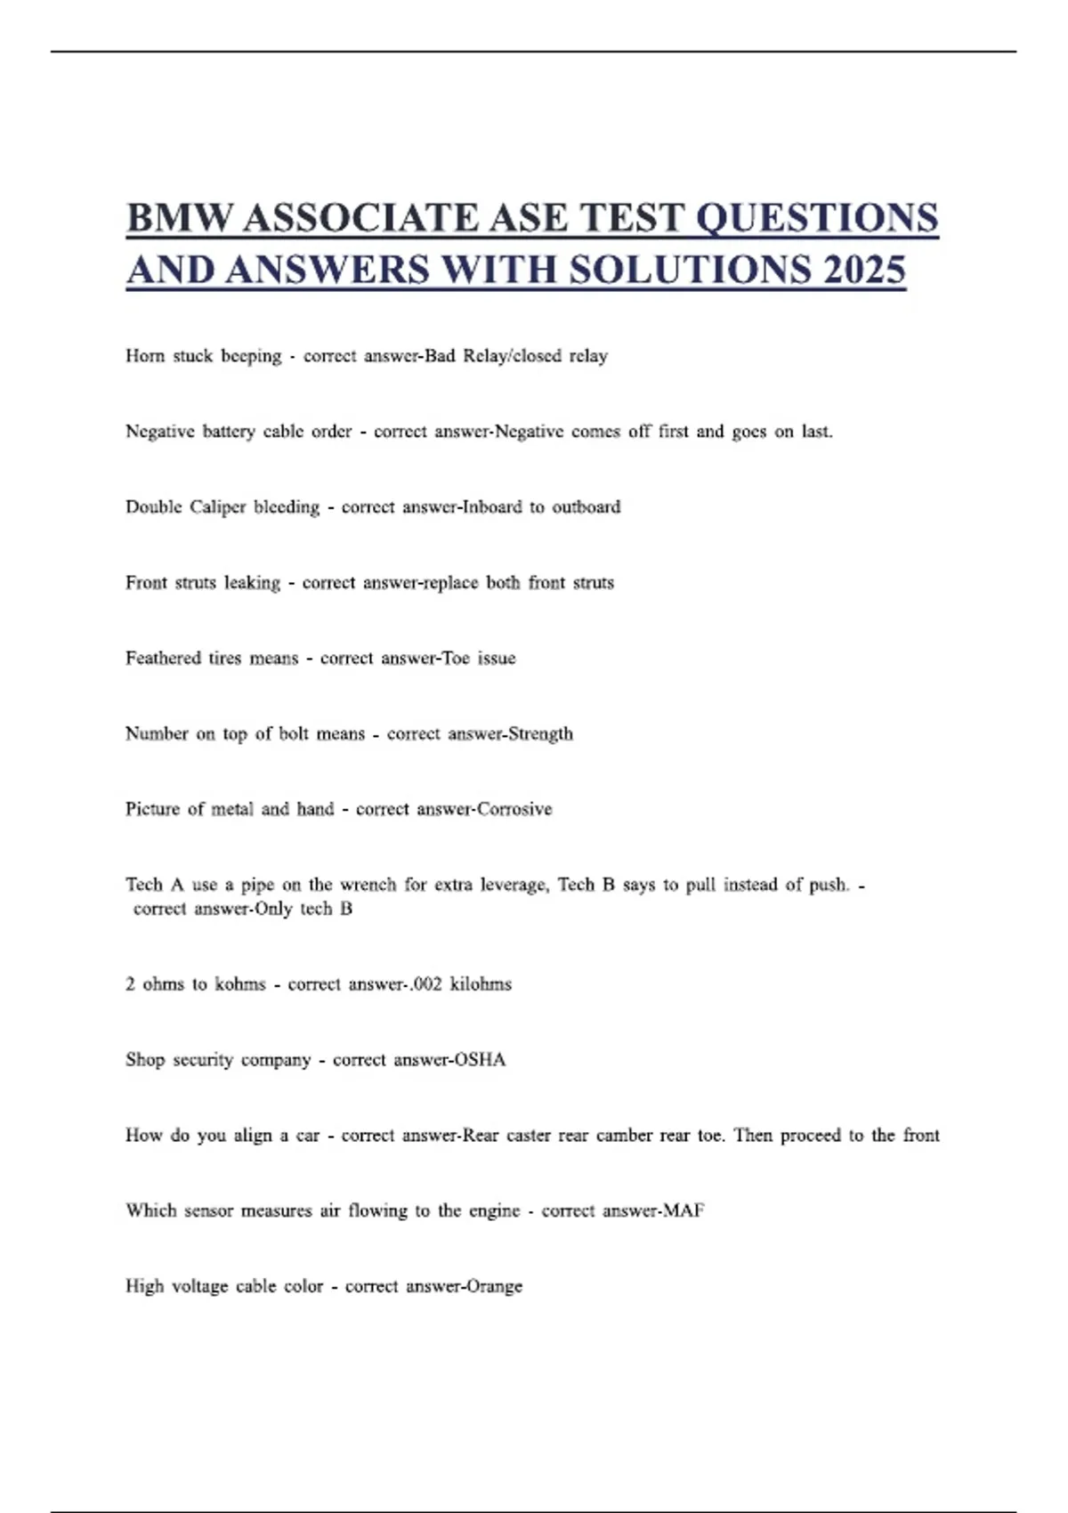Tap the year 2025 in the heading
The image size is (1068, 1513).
coord(864,270)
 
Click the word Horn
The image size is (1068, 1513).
coord(145,356)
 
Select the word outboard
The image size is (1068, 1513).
coord(587,507)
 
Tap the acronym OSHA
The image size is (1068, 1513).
coord(480,1060)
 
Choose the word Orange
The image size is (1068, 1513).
coord(494,1286)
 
